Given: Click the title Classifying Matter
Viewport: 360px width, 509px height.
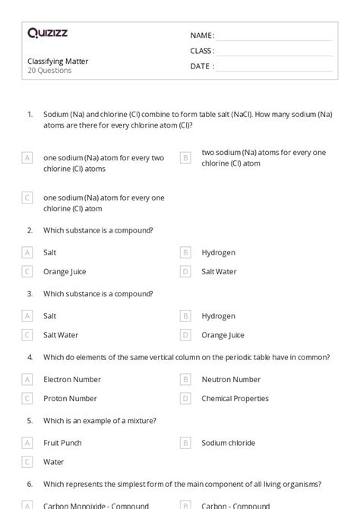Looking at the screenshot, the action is [58, 61].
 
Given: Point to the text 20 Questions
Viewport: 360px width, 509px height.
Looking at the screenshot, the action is [49, 71].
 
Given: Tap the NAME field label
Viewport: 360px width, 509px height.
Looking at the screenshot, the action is [201, 36].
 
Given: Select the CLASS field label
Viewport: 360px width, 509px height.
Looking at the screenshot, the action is [202, 51].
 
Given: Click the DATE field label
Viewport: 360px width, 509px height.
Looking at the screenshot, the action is [201, 66].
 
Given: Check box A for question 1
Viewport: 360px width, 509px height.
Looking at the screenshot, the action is [27, 157].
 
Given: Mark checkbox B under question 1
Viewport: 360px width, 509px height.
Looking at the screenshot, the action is [185, 157].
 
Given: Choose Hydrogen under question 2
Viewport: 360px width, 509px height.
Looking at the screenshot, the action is [218, 252].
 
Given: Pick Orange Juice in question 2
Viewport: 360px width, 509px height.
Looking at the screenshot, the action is [65, 271].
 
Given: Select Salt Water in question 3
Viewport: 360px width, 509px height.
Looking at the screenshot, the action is [61, 335].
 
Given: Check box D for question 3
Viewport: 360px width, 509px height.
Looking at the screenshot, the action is [185, 335].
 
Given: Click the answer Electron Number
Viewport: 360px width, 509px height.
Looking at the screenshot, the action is [72, 379].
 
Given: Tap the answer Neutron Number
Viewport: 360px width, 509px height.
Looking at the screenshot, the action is [231, 379].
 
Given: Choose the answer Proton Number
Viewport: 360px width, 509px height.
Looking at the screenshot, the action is [70, 398].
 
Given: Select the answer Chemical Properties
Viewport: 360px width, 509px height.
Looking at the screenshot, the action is [235, 398].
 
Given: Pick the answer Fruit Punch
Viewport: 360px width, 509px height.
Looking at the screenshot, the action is [62, 442].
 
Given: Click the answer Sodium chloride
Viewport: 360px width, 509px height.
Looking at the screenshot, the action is [228, 442].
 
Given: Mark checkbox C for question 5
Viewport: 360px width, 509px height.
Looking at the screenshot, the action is [27, 461].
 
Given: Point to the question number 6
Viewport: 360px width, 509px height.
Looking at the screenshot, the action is [30, 483].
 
